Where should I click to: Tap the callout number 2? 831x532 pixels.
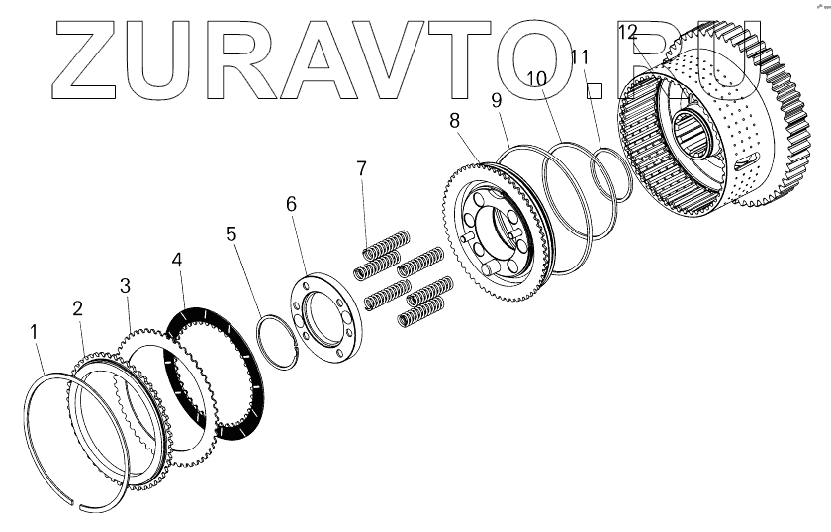click(x=78, y=308)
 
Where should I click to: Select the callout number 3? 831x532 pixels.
click(x=125, y=286)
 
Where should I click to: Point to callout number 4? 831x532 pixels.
click(x=176, y=261)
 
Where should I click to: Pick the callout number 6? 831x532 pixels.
click(x=291, y=204)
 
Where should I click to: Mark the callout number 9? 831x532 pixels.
click(x=496, y=100)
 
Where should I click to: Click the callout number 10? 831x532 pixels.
click(x=535, y=77)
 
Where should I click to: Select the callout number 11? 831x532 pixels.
click(x=580, y=56)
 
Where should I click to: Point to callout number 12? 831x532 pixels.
click(x=628, y=32)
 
